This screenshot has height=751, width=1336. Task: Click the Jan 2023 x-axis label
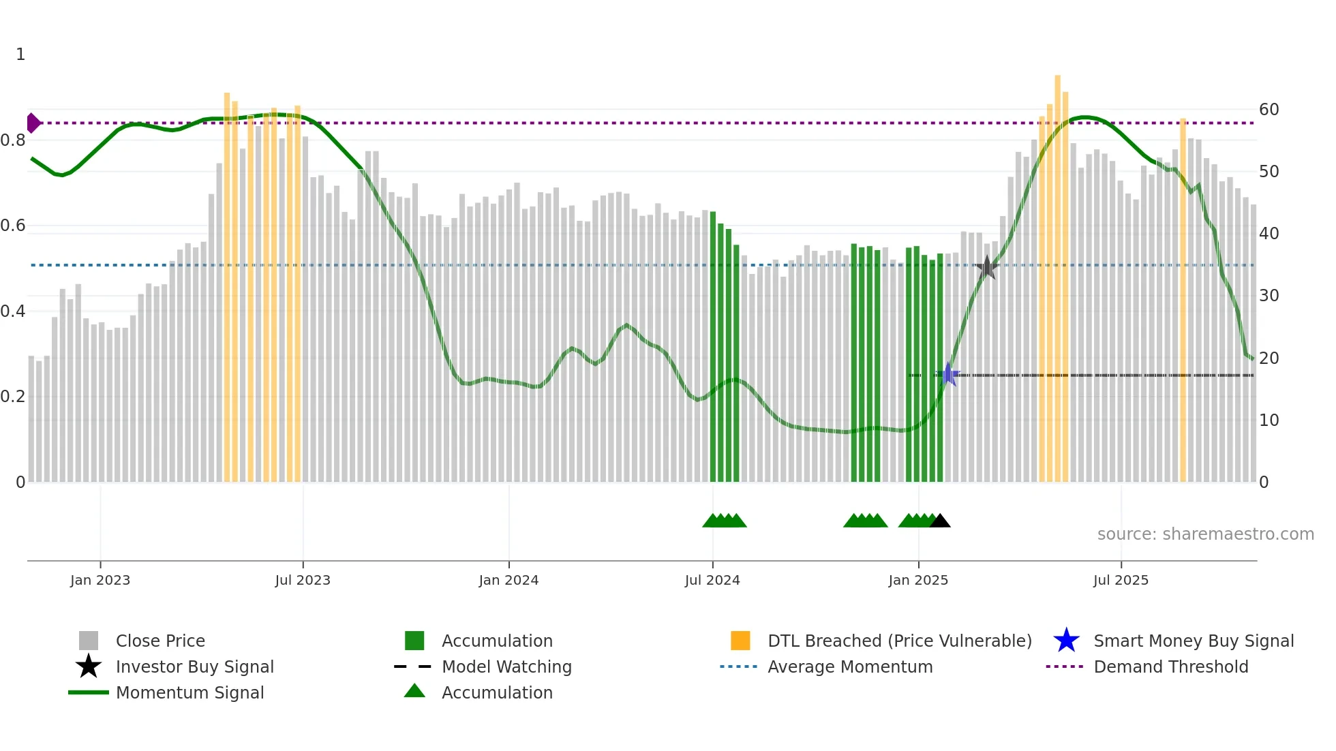[x=100, y=580]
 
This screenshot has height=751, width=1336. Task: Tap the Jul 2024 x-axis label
[x=712, y=580]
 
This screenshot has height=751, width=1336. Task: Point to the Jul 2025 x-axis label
[x=1121, y=580]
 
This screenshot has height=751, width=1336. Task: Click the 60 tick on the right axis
[x=1269, y=110]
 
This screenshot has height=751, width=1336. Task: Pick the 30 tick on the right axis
[x=1269, y=296]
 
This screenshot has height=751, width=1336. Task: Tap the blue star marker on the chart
[x=948, y=374]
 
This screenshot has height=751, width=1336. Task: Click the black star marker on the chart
[x=986, y=268]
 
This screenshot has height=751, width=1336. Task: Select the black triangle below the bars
[x=940, y=521]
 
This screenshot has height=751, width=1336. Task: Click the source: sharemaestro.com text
[x=1205, y=534]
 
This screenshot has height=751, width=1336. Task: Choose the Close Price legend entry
[x=160, y=641]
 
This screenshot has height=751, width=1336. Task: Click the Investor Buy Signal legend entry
[x=194, y=666]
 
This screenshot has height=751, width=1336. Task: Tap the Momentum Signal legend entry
[x=189, y=692]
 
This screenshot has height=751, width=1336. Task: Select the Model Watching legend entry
[x=506, y=666]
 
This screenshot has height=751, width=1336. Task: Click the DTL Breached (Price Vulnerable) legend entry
[x=899, y=641]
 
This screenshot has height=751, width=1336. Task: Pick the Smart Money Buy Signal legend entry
[x=1193, y=641]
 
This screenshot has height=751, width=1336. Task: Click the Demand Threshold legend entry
[x=1170, y=666]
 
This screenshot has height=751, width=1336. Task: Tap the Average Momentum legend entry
[x=849, y=666]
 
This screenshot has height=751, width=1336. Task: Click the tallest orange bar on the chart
[x=1057, y=273]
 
